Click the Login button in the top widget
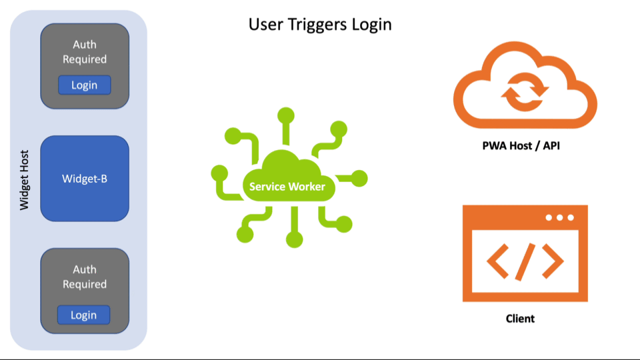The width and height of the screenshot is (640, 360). tap(84, 85)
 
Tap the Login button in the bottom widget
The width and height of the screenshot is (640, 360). tap(83, 315)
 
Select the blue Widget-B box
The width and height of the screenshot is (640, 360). tap(85, 179)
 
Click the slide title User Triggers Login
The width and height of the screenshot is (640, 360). tap(320, 25)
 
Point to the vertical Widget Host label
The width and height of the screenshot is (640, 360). tap(25, 180)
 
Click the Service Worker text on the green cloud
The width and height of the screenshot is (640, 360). tap(287, 187)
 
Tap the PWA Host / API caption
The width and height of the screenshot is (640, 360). tap(521, 145)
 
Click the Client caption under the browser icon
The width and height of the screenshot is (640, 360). tap(520, 319)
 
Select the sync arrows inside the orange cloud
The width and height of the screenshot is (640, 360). tap(525, 91)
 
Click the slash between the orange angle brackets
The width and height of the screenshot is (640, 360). tap(525, 261)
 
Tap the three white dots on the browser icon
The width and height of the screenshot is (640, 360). tap(559, 218)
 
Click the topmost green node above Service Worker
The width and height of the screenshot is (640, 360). tap(287, 114)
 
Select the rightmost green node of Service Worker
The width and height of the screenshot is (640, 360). tap(359, 178)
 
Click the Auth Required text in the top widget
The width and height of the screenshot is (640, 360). tap(85, 52)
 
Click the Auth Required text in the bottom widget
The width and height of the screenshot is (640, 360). tap(85, 277)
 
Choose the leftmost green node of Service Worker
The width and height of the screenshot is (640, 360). tap(218, 173)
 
